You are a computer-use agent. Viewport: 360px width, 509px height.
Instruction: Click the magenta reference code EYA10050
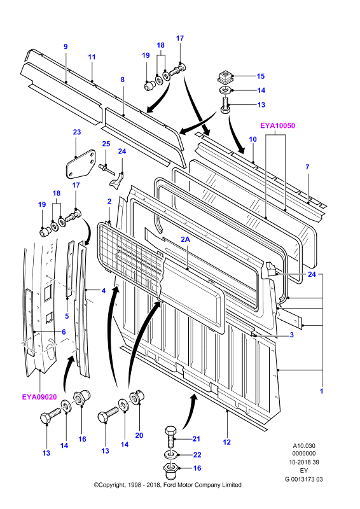pos(277,125)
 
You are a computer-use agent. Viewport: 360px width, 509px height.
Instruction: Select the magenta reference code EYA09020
pos(39,397)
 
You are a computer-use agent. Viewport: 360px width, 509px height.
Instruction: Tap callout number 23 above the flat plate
pos(76,132)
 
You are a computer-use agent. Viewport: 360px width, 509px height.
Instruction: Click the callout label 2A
pos(185,239)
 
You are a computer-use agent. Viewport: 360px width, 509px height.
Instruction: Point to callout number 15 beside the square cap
pos(261,76)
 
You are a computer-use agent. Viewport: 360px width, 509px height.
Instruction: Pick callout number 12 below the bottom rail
pos(226,442)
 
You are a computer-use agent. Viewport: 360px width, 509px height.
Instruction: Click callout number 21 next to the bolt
pos(196,439)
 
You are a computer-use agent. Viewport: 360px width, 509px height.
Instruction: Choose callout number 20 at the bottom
pos(139,435)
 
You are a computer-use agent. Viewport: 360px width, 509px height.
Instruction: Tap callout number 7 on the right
pos(307,167)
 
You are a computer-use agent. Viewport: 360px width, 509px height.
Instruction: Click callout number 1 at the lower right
pos(321,391)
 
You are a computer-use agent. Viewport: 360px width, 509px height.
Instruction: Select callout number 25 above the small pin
pos(106,144)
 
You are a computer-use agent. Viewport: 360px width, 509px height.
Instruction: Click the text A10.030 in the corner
pos(304,446)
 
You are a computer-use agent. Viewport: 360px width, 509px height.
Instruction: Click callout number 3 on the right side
pos(291,335)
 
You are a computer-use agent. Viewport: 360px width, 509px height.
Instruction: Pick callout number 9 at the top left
pos(66,46)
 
